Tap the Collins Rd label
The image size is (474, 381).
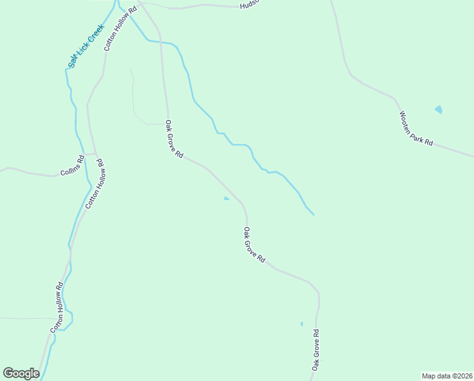pos(72,166)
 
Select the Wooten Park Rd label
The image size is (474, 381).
pos(416,129)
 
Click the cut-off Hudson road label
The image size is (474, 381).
pos(250,5)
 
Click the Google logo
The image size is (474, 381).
pos(21,373)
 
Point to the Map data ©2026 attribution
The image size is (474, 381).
pos(447,376)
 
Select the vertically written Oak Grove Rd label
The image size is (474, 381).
pos(315,349)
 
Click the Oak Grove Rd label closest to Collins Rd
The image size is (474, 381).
pos(174,139)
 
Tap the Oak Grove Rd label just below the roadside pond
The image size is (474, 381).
pos(254,245)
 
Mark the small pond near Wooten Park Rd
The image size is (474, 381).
pos(439,110)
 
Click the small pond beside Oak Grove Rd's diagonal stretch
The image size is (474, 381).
pos(226,199)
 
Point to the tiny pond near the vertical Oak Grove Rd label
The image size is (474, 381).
pos(302,324)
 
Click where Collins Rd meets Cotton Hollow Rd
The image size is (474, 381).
pos(96,154)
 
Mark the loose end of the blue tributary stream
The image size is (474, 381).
pos(314,215)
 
